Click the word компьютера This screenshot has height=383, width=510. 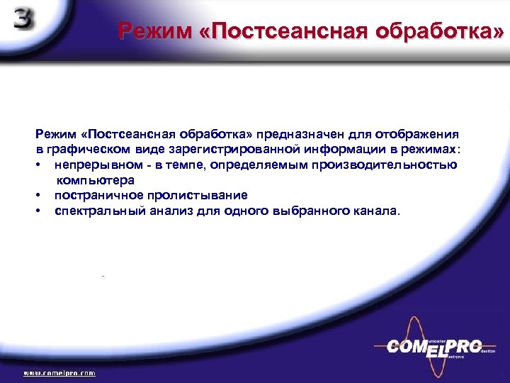pyautogui.click(x=95, y=180)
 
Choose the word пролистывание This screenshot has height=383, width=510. pyautogui.click(x=200, y=195)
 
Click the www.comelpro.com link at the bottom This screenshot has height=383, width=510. pyautogui.click(x=60, y=372)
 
